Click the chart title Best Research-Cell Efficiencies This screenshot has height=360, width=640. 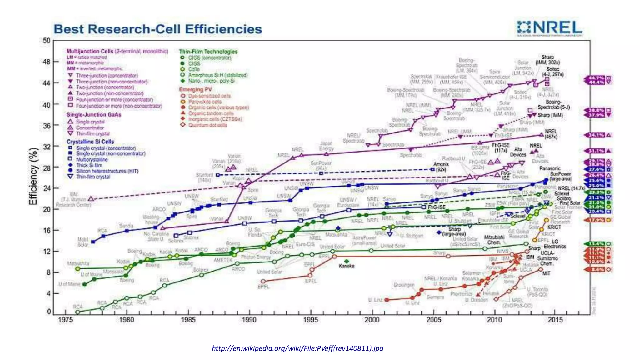[x=158, y=29]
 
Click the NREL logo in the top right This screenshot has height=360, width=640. [x=550, y=28]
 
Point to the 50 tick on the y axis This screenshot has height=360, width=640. [x=47, y=41]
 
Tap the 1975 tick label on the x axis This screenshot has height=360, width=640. [x=65, y=320]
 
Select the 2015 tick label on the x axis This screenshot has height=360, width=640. [x=555, y=320]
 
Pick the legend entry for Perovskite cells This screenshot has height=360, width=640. [x=205, y=102]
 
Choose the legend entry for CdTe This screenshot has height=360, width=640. [x=194, y=69]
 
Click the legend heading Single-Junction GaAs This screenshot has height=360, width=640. [x=94, y=115]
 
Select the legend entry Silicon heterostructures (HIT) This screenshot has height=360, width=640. [x=107, y=171]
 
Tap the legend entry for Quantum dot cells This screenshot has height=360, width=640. [x=207, y=125]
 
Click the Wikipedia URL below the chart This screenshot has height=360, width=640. [x=297, y=348]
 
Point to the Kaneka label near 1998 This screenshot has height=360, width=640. [x=347, y=266]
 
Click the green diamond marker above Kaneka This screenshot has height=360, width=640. [x=346, y=261]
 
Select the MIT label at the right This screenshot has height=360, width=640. [x=546, y=273]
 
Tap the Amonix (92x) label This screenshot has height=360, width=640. [x=441, y=167]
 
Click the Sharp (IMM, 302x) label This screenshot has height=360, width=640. [x=547, y=60]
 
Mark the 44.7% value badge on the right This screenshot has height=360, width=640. [x=596, y=78]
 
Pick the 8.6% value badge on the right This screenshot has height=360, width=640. [x=596, y=269]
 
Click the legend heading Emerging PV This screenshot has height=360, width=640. [x=195, y=89]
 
